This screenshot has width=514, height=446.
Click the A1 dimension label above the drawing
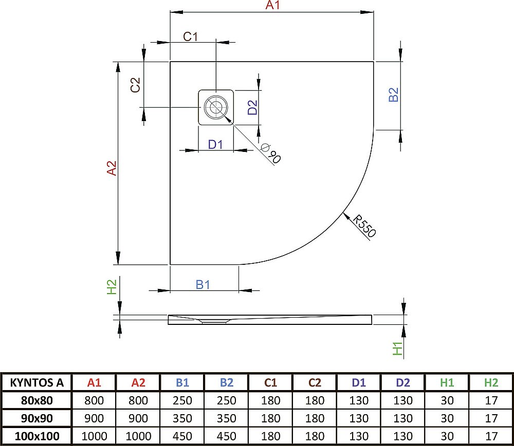point(272,6)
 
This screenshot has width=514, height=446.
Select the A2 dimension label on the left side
point(112,169)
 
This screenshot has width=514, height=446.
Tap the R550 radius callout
point(364,226)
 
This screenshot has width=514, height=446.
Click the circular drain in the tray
point(215,108)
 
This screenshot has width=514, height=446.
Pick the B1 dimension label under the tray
point(203,284)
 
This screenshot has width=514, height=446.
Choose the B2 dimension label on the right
point(393,95)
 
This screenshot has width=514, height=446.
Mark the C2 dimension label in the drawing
point(135,85)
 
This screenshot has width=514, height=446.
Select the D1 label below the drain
point(215,144)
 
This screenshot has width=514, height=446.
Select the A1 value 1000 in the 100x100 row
point(94,436)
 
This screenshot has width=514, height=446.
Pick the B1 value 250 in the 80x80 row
point(182,400)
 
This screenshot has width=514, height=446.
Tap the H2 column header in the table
point(491,382)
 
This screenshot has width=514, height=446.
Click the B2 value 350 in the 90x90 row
point(226,418)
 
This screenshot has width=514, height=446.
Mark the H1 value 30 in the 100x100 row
point(447,436)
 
